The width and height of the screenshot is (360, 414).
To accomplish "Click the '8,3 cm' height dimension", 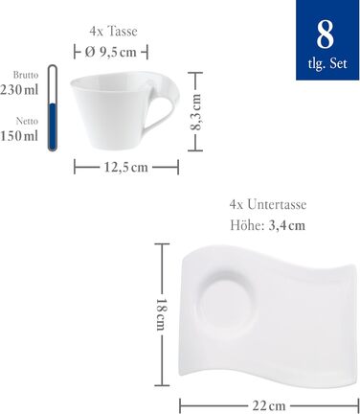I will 196,109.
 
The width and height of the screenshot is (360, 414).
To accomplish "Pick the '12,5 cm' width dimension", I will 126,167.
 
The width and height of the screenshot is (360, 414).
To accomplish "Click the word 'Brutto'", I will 25,74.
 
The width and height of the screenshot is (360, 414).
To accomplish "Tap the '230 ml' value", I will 20,89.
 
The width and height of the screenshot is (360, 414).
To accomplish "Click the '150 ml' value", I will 20,136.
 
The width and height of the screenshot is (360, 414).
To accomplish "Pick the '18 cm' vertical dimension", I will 162,311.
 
